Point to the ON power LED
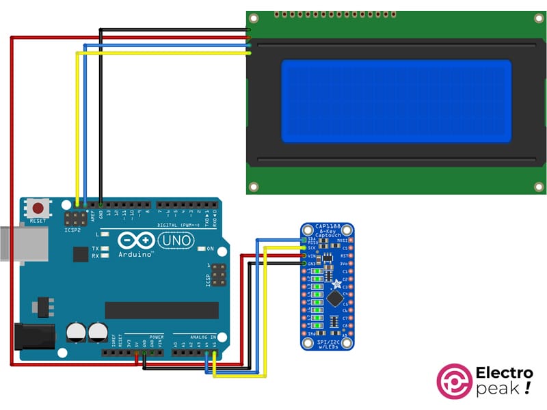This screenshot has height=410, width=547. (x=202, y=248)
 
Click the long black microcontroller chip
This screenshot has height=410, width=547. (x=161, y=310)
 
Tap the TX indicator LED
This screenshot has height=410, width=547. (x=106, y=249)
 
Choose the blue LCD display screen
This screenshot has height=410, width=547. (x=396, y=101)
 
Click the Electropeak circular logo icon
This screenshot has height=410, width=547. (x=453, y=381)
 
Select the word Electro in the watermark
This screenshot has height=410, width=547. (x=503, y=374)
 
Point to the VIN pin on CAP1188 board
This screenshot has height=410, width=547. (x=304, y=256)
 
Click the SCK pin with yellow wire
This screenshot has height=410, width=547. (x=304, y=248)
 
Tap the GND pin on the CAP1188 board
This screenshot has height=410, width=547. (x=304, y=264)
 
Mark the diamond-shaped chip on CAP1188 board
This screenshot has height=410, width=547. (x=335, y=299)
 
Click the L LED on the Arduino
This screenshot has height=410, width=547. (x=107, y=234)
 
